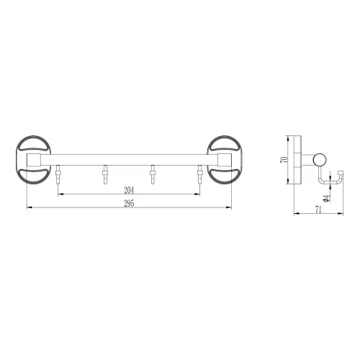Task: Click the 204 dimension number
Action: pyautogui.click(x=129, y=190)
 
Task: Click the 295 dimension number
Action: pyautogui.click(x=129, y=204)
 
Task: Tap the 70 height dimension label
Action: pyautogui.click(x=284, y=160)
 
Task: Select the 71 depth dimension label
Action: pyautogui.click(x=318, y=210)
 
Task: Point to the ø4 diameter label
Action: pyautogui.click(x=325, y=198)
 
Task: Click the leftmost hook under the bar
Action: pyautogui.click(x=58, y=174)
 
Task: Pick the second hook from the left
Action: pyautogui.click(x=105, y=174)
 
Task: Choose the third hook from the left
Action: pyautogui.click(x=152, y=174)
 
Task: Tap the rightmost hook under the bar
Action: pyautogui.click(x=199, y=174)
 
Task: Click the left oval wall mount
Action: pyautogui.click(x=33, y=160)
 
